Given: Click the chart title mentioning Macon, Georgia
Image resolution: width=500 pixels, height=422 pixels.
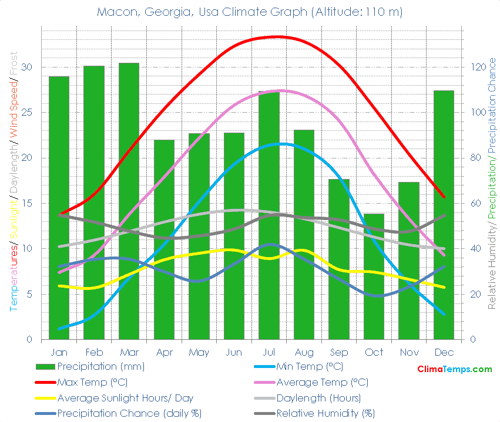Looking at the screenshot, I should pos(250,12).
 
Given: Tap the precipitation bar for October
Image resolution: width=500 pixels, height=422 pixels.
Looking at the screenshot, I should pos(374,276).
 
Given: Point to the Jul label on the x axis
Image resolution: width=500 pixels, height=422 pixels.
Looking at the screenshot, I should pos(269,352).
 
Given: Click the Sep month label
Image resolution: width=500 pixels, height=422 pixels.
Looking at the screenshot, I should pos(338,352).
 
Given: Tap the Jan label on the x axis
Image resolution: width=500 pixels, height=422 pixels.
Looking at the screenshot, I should pos(59,352).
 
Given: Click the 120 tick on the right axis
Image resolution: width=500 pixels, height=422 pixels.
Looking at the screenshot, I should pos(474,67).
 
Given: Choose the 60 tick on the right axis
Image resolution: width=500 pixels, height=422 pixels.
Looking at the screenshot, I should pos(471,203).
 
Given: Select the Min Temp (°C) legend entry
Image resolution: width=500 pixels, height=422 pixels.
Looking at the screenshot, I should pos(309,367).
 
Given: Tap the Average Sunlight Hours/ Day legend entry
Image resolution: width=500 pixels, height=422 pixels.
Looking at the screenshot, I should pos(125,398).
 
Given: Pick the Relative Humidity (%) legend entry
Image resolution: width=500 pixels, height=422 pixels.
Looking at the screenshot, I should pos(325,413).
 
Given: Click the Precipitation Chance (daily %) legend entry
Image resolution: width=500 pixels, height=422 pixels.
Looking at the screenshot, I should pos(129,413).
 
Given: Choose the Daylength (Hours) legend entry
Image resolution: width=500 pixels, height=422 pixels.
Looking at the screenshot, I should pos(318,398).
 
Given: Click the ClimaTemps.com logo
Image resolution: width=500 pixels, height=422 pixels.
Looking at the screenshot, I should pos(454,369).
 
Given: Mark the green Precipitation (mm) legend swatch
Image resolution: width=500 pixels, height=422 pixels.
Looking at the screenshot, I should pos(45,367).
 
